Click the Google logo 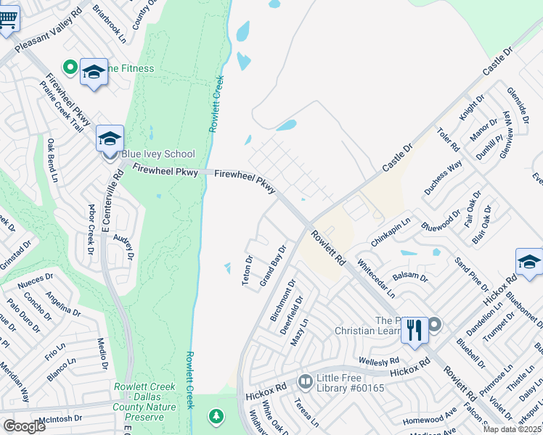pyautogui.click(x=23, y=426)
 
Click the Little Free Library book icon pyautogui.click(x=306, y=381)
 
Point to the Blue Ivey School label pyautogui.click(x=158, y=154)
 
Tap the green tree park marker pyautogui.click(x=216, y=416)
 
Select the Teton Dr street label pyautogui.click(x=248, y=270)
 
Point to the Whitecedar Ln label pyautogui.click(x=375, y=280)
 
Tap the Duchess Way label pyautogui.click(x=443, y=178)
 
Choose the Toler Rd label pyautogui.click(x=449, y=140)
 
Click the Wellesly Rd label pyautogui.click(x=378, y=360)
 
